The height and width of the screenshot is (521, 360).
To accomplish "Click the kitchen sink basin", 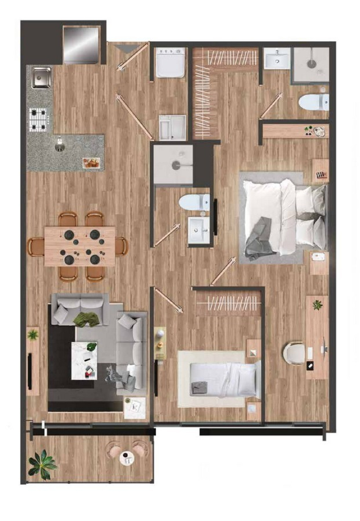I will pyautogui.click(x=40, y=78).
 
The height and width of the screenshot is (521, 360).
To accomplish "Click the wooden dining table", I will pyautogui.click(x=80, y=246).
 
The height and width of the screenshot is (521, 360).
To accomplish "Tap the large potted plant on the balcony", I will pyautogui.click(x=43, y=463).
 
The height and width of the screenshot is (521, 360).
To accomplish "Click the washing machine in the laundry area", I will pyautogui.click(x=170, y=62).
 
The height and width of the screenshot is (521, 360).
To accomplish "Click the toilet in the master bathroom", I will pyautogui.click(x=313, y=102).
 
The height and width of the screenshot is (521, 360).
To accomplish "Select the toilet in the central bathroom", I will pyautogui.click(x=194, y=202).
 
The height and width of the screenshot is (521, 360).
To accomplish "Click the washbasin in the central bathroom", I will pyautogui.click(x=199, y=230).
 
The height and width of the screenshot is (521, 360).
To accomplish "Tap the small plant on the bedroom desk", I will pyautogui.click(x=317, y=305).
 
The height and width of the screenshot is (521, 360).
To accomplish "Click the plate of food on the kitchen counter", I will pyautogui.click(x=91, y=163).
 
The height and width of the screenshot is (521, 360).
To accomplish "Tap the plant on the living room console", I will pyautogui.click(x=33, y=335).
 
